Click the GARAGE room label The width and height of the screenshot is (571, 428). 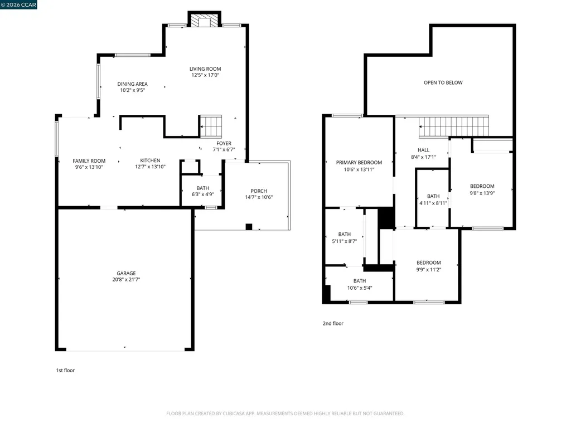tap(126, 273)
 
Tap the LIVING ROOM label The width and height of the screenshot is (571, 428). tap(205, 69)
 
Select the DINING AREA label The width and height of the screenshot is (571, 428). tap(132, 84)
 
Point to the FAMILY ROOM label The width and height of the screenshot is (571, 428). tap(89, 161)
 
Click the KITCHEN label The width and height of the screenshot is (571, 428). tap(150, 161)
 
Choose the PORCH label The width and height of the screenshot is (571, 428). tap(259, 191)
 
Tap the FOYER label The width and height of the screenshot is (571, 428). tap(224, 143)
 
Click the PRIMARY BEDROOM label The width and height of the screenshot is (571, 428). tap(359, 163)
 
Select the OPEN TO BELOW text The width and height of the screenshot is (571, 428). tap(443, 82)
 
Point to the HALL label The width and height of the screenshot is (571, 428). tap(424, 150)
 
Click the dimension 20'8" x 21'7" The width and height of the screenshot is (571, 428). tap(126, 280)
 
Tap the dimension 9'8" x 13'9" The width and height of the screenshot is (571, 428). tap(482, 193)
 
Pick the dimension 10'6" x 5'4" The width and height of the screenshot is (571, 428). tap(359, 288)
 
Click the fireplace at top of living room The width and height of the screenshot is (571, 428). tap(204, 21)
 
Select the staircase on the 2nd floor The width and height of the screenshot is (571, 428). tap(453, 127)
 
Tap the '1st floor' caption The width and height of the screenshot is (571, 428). tap(65, 370)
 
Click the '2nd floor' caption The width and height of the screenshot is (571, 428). tap(333, 323)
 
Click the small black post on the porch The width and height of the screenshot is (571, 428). tap(249, 227)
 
